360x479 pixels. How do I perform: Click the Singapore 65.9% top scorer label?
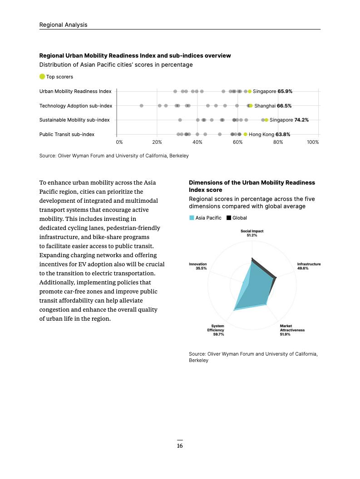point(272,91)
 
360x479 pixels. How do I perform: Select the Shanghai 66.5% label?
point(273,106)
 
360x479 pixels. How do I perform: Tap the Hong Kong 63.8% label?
point(269,134)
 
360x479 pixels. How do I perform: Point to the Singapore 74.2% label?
point(289,120)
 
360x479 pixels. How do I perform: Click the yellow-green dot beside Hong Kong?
point(246,134)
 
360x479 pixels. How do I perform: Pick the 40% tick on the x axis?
point(197,142)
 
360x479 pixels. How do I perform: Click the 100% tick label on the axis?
point(313,142)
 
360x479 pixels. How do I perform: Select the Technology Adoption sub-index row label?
point(76,106)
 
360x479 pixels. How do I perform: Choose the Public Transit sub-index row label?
point(67,134)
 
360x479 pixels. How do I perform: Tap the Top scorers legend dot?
point(42,77)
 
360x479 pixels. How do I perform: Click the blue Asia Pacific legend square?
point(192,218)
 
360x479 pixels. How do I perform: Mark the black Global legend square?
point(229,218)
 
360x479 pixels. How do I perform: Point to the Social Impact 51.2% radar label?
point(252,233)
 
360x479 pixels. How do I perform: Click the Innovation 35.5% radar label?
point(198,266)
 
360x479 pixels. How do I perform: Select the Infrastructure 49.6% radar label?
point(309,266)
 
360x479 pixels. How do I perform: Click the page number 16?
point(180,446)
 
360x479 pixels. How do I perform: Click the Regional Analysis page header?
point(63,24)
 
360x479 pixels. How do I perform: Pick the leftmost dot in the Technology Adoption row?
point(142,106)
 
